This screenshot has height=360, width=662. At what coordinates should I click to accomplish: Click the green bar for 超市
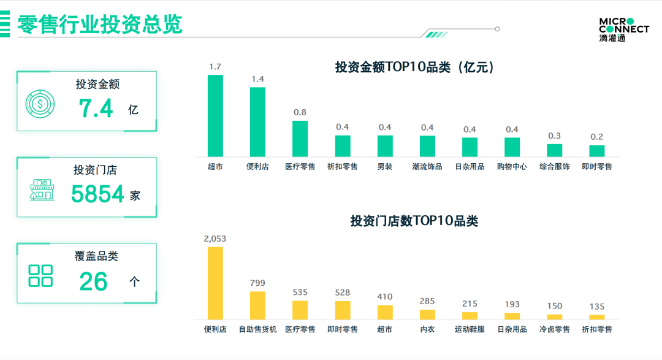pyautogui.click(x=215, y=115)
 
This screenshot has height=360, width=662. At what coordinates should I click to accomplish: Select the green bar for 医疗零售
pyautogui.click(x=300, y=138)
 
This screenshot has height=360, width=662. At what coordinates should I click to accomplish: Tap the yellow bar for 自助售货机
pyautogui.click(x=257, y=305)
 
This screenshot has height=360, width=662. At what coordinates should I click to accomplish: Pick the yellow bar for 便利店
pyautogui.click(x=215, y=283)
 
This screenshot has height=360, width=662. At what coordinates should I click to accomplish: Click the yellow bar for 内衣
pyautogui.click(x=427, y=315)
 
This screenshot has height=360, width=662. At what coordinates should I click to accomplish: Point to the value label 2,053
pyautogui.click(x=215, y=239)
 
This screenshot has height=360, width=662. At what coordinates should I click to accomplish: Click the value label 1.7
pyautogui.click(x=215, y=66)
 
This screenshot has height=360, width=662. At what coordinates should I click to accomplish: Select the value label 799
pyautogui.click(x=257, y=283)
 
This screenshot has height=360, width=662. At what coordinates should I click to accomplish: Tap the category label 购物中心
pyautogui.click(x=512, y=166)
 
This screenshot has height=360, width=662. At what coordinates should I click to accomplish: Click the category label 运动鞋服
pyautogui.click(x=470, y=329)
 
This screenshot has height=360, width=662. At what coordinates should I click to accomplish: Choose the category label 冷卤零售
pyautogui.click(x=554, y=329)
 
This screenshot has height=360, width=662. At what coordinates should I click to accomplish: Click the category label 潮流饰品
pyautogui.click(x=427, y=166)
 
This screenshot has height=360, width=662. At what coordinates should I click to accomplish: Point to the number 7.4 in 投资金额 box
pyautogui.click(x=96, y=109)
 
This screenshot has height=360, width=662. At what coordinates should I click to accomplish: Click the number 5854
pyautogui.click(x=98, y=194)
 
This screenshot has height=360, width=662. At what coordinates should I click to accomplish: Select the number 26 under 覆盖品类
pyautogui.click(x=93, y=281)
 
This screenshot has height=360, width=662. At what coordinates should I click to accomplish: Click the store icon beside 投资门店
pyautogui.click(x=41, y=190)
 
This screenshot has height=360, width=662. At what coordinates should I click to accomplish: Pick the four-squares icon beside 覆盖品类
pyautogui.click(x=41, y=276)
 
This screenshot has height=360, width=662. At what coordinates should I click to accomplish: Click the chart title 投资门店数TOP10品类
pyautogui.click(x=414, y=221)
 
